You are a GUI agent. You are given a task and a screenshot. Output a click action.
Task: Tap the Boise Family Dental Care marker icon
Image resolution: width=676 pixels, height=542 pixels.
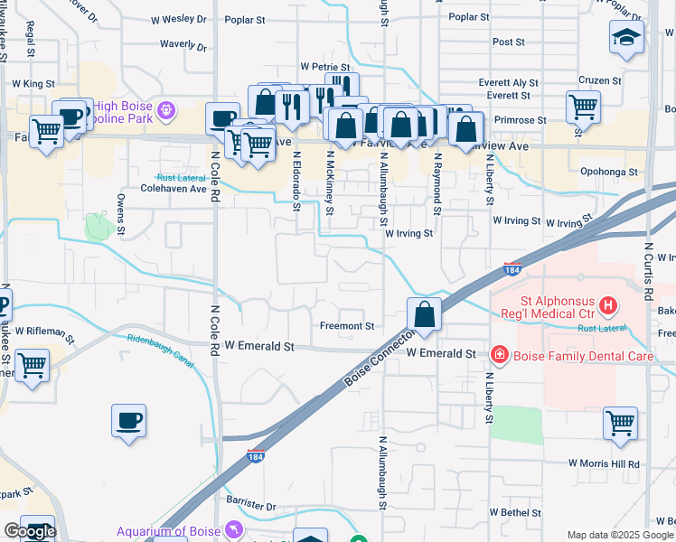tap(498, 355)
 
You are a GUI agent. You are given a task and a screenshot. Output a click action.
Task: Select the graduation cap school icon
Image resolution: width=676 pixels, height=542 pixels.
tap(625, 38)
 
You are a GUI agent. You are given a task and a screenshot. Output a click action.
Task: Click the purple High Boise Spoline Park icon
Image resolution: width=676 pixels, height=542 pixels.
tap(165, 111)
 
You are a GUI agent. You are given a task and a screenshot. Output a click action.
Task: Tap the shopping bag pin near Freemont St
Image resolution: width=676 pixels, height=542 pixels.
tap(424, 315)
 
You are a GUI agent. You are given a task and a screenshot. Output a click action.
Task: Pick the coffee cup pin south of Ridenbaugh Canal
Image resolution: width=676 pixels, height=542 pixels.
tap(128, 421)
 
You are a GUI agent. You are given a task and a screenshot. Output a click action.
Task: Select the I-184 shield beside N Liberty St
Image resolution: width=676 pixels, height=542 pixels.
tap(512, 270)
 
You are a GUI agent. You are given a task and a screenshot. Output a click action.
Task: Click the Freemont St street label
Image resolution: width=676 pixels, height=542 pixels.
tap(347, 326)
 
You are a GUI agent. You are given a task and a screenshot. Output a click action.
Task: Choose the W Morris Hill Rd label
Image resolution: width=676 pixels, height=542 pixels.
tap(604, 463)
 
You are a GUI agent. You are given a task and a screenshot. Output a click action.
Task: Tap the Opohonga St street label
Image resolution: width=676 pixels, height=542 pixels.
tap(607, 171)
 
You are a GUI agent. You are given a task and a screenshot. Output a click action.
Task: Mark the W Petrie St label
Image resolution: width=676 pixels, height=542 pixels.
tap(324, 68)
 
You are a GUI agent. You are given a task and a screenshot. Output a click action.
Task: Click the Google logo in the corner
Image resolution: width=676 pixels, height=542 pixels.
tap(30, 531)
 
